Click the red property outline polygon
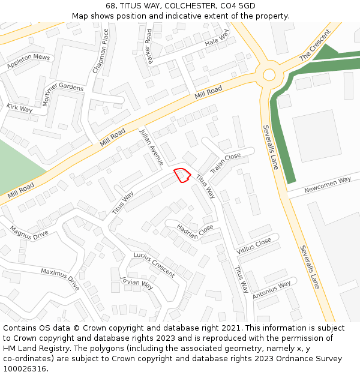pos(182,175)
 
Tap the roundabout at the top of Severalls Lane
pos(269,75)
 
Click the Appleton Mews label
pos(28,61)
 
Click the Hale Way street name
pos(217,40)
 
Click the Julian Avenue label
pos(151,146)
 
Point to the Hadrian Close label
pos(195,231)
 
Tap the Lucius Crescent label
pos(154,264)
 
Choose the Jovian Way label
pos(136,283)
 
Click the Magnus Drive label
pos(29,233)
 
